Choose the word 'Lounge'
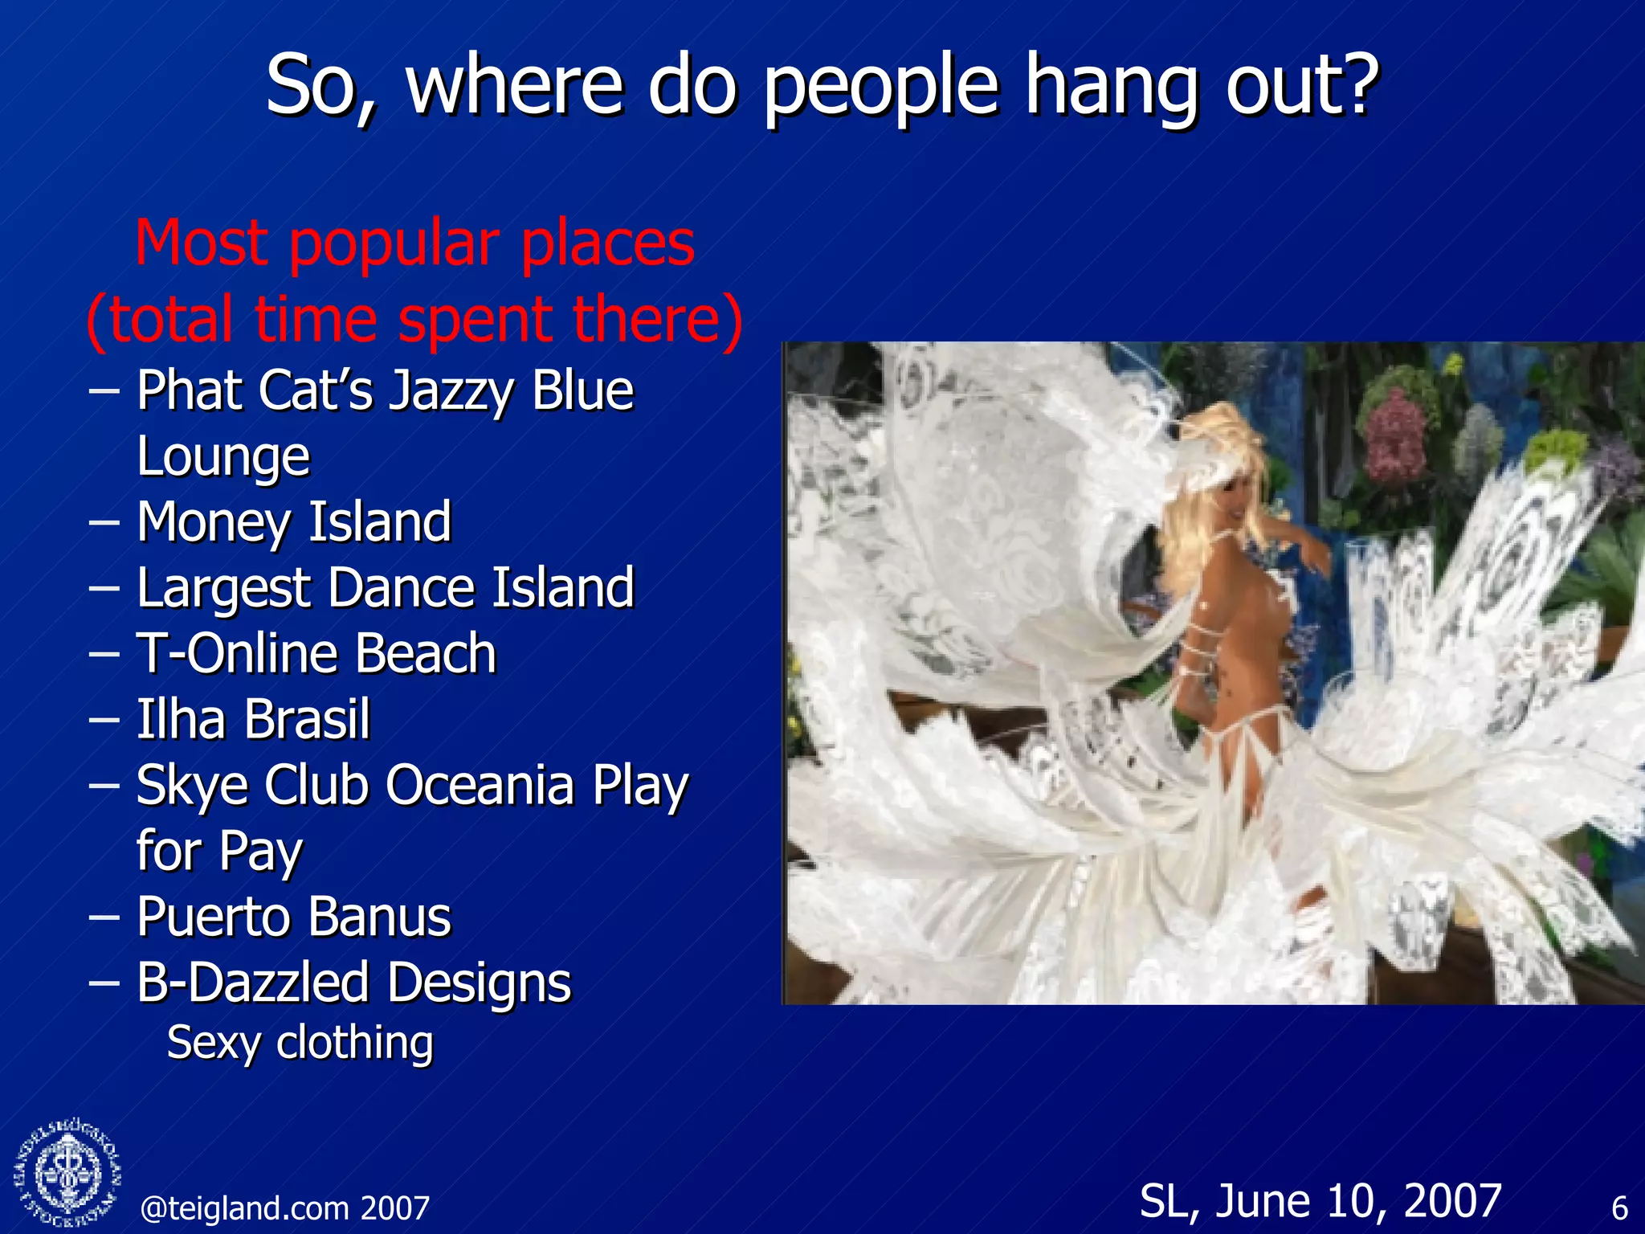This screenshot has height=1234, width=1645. click(223, 457)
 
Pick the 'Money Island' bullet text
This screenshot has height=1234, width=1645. click(294, 522)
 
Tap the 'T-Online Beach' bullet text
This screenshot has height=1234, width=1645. click(316, 653)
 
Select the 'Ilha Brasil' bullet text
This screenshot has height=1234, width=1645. click(253, 719)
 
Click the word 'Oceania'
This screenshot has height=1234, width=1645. click(480, 785)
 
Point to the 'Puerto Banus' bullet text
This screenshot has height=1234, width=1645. click(294, 917)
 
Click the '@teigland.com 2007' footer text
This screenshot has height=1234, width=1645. click(285, 1208)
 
